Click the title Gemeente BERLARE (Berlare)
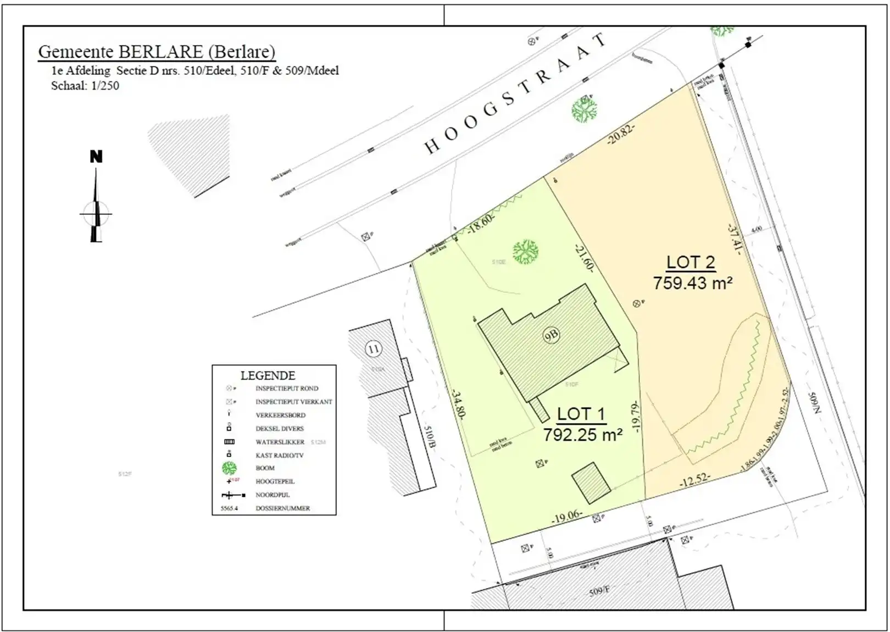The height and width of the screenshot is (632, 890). pos(157,52)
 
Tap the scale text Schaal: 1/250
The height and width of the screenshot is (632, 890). pos(85,86)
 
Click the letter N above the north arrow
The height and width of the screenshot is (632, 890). pos(96,157)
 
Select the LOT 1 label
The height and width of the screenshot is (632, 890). pos(581,414)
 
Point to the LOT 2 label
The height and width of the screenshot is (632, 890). pos(691,263)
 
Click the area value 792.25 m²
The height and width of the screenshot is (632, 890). pos(582,435)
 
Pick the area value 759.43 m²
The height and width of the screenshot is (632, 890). pos(692,283)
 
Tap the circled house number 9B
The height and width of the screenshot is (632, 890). pos(551,335)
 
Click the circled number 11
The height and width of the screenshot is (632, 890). pos(374,349)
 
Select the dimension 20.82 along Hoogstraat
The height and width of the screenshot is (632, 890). pos(621,134)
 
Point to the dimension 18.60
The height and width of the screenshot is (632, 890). pos(481,223)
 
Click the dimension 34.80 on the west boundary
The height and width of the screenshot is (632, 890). pos(457,404)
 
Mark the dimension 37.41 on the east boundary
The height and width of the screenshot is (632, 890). pos(735,239)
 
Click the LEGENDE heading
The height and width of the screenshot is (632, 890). pos(268,376)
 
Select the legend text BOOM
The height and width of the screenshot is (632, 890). pos(265,468)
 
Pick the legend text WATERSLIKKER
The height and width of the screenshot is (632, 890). pos(280,442)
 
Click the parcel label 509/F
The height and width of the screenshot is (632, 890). pos(599,591)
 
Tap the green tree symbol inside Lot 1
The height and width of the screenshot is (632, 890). pos(525,252)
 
